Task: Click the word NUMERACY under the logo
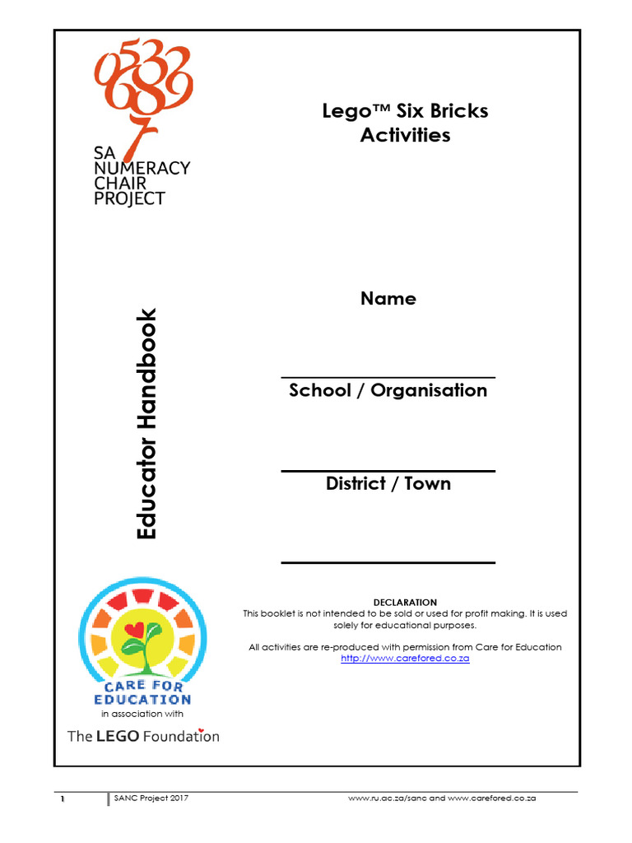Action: tap(142, 168)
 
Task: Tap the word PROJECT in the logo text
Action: tap(129, 198)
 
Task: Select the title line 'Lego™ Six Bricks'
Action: tap(405, 111)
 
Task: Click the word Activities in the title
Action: tap(405, 135)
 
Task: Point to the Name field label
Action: tap(388, 299)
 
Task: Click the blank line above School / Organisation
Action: tap(388, 377)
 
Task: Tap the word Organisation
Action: tap(429, 390)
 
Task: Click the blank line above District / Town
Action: tap(388, 471)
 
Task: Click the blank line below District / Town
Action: tap(388, 562)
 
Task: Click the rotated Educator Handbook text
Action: tap(146, 423)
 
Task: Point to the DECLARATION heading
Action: tap(405, 603)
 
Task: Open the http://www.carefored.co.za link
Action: tap(405, 659)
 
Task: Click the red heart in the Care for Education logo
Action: tap(133, 630)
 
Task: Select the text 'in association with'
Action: tap(142, 714)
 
